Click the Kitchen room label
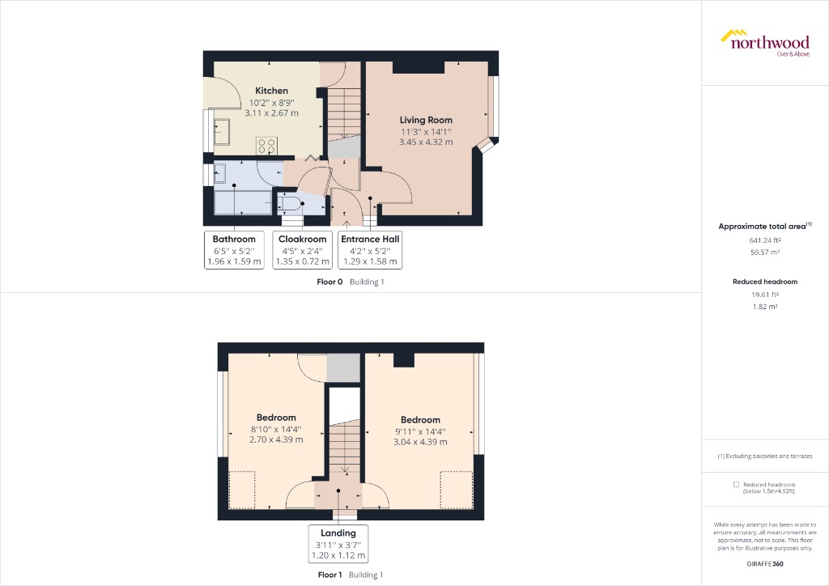click(271, 91)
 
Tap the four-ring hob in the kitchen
click(267, 145)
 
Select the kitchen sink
click(223, 131)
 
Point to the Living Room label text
click(426, 120)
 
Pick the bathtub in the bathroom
click(242, 202)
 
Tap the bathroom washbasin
click(219, 172)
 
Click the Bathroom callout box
click(234, 250)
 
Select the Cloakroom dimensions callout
click(303, 250)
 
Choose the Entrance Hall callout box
click(370, 250)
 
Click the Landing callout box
click(338, 544)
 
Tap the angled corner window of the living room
click(487, 144)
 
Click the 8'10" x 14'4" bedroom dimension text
click(276, 429)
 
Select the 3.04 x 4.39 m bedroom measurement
click(420, 442)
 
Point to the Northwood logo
click(764, 42)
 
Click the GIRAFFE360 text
click(765, 563)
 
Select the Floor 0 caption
click(329, 282)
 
